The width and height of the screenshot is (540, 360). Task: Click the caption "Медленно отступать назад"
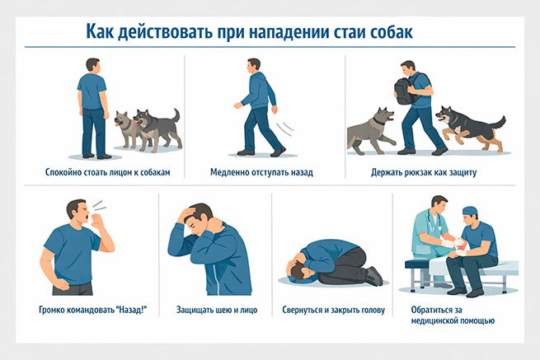261,173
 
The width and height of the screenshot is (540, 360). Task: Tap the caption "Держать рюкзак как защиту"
424,173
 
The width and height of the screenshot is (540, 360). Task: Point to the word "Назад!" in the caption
129,311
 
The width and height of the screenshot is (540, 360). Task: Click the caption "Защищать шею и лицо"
212,311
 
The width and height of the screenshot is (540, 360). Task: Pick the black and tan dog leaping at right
466,125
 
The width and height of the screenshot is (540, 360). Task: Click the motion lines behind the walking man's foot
288,131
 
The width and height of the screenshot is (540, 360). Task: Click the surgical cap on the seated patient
470,210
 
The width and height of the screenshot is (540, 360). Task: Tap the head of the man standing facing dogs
93,65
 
